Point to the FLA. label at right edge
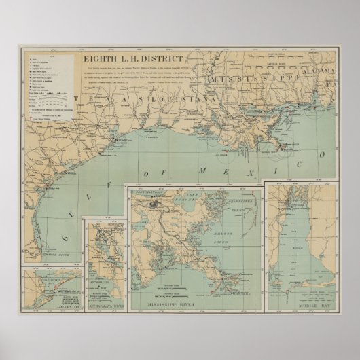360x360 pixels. (x=333, y=86)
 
